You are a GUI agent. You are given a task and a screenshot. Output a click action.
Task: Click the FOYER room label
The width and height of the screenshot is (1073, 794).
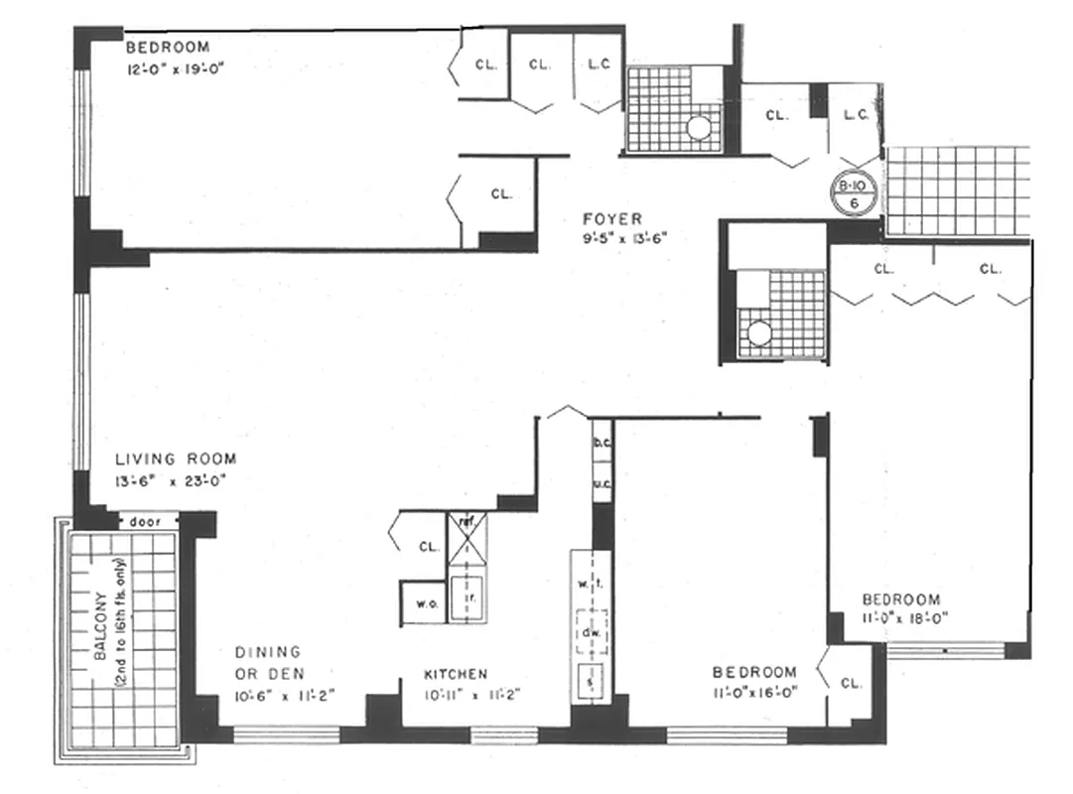pyautogui.click(x=611, y=218)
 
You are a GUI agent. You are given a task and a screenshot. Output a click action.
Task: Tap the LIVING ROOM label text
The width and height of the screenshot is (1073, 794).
pyautogui.click(x=176, y=459)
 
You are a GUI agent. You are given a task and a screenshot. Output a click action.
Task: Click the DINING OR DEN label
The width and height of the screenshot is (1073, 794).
pyautogui.click(x=268, y=662)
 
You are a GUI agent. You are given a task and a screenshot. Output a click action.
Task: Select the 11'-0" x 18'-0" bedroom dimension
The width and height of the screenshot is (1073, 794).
pyautogui.click(x=905, y=616)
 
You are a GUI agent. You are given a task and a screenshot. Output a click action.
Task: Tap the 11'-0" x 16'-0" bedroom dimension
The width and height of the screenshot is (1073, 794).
pyautogui.click(x=754, y=692)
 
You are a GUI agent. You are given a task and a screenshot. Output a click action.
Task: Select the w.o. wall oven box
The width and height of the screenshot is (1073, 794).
pyautogui.click(x=421, y=601)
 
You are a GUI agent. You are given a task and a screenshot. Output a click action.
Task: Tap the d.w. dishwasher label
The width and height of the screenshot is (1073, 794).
pyautogui.click(x=594, y=633)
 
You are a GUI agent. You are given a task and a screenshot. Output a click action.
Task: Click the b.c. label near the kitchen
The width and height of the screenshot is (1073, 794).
pyautogui.click(x=602, y=443)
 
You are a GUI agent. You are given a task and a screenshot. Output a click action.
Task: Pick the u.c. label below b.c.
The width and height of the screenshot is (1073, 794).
pyautogui.click(x=602, y=483)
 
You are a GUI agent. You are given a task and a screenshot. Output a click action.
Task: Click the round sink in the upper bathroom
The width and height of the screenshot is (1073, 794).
pyautogui.click(x=699, y=128)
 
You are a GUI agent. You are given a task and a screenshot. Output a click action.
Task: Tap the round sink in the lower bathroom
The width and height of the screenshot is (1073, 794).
pyautogui.click(x=759, y=333)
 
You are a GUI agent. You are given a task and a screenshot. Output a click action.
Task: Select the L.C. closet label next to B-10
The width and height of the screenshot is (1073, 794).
pyautogui.click(x=856, y=115)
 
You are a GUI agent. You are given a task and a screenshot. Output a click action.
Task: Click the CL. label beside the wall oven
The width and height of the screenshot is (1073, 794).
pyautogui.click(x=428, y=546)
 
